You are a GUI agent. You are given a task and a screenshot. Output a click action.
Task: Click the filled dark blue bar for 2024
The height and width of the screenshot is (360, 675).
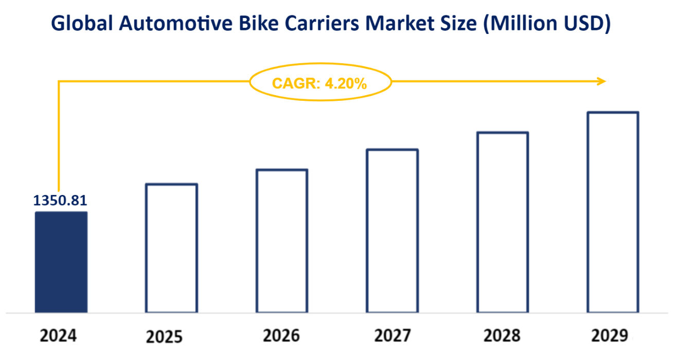pyautogui.click(x=61, y=262)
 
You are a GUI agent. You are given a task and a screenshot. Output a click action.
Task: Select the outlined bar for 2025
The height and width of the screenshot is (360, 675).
pyautogui.click(x=171, y=248)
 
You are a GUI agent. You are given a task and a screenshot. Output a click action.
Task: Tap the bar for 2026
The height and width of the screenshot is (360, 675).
pyautogui.click(x=282, y=241)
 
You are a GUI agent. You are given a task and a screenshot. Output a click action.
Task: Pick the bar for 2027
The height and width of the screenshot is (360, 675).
pyautogui.click(x=392, y=231)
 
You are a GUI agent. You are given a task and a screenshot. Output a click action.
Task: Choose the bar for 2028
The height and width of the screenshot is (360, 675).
pyautogui.click(x=503, y=222)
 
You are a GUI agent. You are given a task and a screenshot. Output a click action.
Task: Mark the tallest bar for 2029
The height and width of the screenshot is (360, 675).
pyautogui.click(x=613, y=212)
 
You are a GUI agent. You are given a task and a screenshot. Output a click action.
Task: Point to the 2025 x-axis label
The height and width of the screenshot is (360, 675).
pyautogui.click(x=164, y=337)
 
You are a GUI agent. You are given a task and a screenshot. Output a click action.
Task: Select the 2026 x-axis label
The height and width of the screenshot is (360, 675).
pyautogui.click(x=281, y=336)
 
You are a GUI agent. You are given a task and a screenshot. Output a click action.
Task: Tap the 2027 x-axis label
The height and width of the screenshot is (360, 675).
pyautogui.click(x=392, y=336)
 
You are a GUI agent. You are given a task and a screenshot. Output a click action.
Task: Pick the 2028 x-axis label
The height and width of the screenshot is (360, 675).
pyautogui.click(x=502, y=336)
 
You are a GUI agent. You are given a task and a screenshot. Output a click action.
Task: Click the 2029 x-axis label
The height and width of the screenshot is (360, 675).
pyautogui.click(x=610, y=336)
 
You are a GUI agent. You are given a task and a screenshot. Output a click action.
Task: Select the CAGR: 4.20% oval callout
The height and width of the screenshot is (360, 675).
pyautogui.click(x=320, y=83)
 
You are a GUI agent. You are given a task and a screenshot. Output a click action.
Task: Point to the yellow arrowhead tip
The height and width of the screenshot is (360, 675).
pyautogui.click(x=605, y=81)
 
